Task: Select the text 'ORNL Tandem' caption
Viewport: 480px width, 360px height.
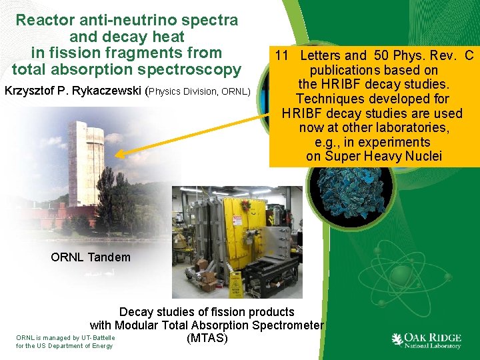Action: click(91, 257)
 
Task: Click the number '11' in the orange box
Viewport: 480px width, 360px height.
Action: click(283, 55)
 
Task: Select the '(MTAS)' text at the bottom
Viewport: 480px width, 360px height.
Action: click(207, 338)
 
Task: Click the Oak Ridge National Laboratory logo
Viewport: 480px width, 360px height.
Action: click(427, 340)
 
